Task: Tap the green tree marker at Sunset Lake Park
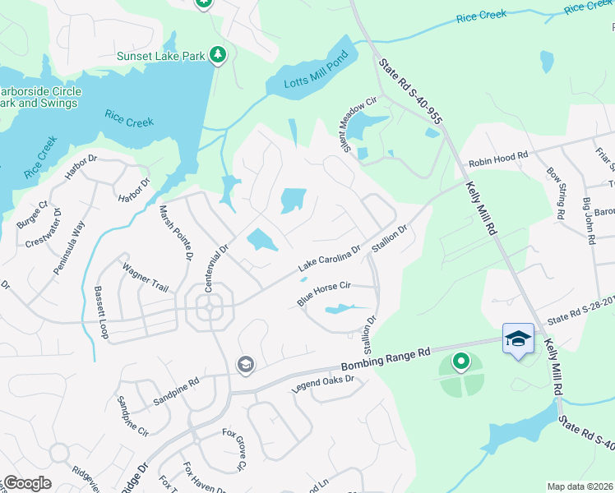218,55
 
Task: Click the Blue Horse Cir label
325,293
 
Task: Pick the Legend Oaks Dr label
323,384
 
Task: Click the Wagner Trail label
146,278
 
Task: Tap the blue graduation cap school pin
518,339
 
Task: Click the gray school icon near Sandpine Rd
245,365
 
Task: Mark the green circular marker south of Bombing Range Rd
461,360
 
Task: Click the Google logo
26,483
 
